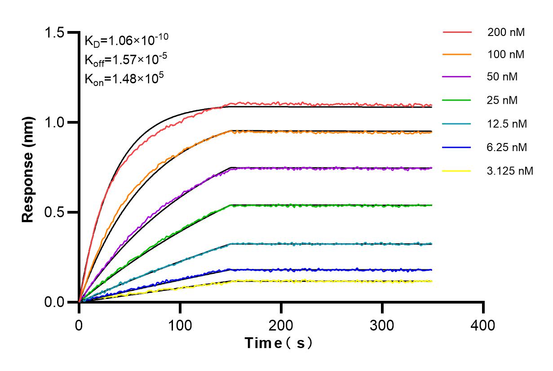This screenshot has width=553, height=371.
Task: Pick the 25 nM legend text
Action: pos(503,100)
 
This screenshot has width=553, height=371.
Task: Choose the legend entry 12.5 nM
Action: pos(507,124)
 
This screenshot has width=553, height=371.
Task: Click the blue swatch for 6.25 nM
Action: pos(457,147)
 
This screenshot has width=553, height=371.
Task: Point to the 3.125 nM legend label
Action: pos(510,170)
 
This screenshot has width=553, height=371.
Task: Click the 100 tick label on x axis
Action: pos(180,325)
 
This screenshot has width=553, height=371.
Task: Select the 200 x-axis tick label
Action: pos(281,325)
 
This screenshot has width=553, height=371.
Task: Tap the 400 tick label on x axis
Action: pos(483,325)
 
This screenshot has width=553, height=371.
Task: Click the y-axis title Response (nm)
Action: pos(28,169)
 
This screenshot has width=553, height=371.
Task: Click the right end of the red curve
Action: pos(432,105)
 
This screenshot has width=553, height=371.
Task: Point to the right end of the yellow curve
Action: pos(432,281)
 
